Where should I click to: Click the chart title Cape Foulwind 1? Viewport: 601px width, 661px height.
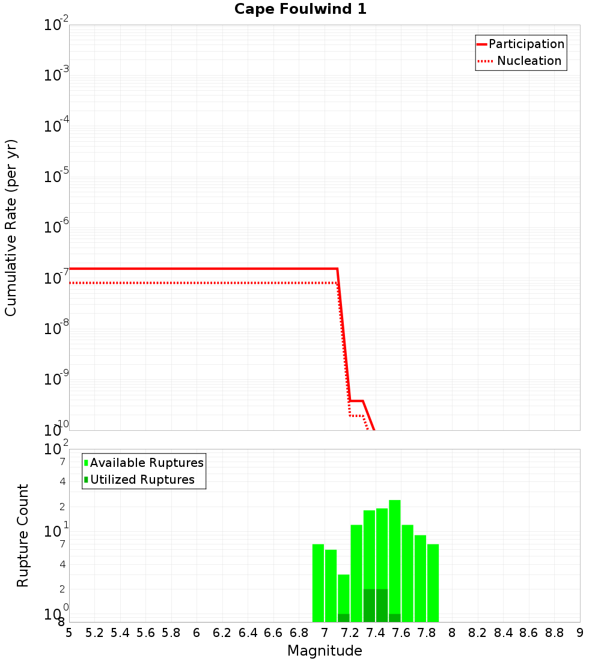[300, 9]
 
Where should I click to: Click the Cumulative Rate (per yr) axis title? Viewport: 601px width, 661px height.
[11, 228]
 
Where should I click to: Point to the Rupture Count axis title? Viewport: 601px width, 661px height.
[23, 535]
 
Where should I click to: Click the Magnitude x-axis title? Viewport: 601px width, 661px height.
[325, 651]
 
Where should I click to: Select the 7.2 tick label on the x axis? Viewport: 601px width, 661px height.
[350, 633]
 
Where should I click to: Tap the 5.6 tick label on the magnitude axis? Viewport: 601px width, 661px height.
[145, 633]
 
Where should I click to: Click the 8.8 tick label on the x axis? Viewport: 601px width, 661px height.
[554, 633]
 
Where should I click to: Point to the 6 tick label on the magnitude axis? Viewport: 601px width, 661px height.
[197, 633]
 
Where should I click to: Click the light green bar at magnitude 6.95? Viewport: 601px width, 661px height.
[318, 583]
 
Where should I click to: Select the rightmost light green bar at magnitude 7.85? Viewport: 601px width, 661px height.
[433, 583]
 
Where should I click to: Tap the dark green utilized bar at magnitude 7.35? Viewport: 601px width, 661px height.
[369, 605]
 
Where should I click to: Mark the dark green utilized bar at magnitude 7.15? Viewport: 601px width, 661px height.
[344, 618]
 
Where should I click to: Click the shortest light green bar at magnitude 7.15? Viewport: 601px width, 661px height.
[344, 592]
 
